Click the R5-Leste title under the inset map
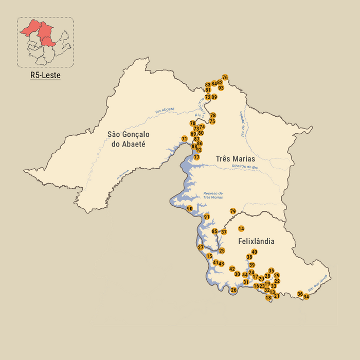(45, 75)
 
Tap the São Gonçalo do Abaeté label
(127, 139)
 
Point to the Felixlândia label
(256, 241)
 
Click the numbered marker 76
(225, 77)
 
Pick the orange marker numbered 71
(185, 139)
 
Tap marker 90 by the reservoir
(190, 208)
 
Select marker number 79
(233, 211)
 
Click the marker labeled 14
(241, 228)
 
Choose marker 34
(306, 297)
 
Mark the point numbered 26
(233, 290)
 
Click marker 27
(201, 247)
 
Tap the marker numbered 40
(254, 251)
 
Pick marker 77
(196, 157)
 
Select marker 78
(213, 115)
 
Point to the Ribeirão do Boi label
(244, 166)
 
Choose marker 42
(232, 269)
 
